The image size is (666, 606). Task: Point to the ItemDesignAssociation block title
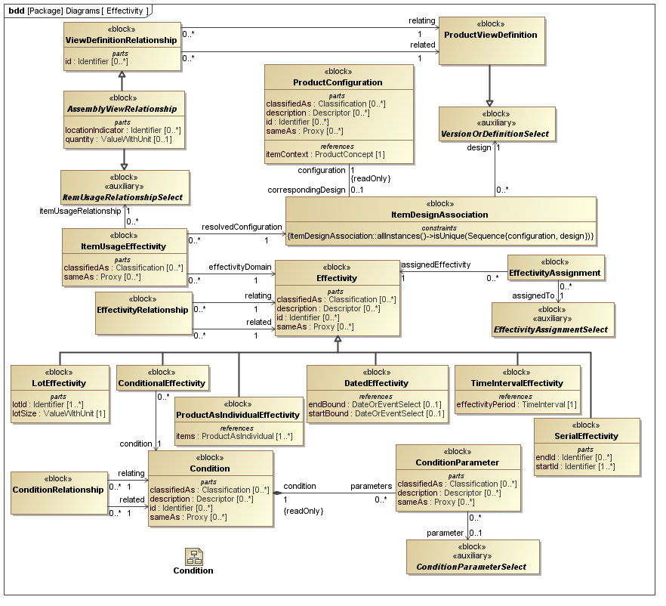[440, 215]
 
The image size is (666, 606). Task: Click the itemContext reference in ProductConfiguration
[325, 154]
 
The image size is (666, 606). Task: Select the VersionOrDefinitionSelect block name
[495, 134]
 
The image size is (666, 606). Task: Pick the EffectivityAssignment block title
[555, 273]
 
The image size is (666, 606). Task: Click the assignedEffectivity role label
[436, 264]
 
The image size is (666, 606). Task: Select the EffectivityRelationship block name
[142, 310]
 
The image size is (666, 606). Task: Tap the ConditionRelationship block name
[57, 489]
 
